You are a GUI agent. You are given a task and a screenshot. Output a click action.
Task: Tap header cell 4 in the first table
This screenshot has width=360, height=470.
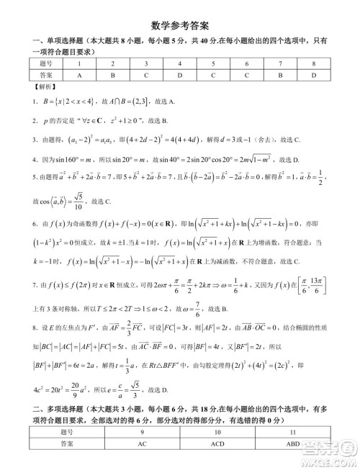point(180,63)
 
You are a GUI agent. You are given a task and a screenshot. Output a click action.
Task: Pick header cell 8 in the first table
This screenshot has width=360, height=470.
point(315,63)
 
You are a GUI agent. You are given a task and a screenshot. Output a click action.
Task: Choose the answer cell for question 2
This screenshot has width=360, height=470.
point(112,74)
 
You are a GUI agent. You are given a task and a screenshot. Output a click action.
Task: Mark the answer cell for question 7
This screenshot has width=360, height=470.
point(281,74)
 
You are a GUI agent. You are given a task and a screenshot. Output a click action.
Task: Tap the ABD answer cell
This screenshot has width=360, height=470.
point(292,445)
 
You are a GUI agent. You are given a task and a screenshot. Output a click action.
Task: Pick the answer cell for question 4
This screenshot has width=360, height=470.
point(180,74)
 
